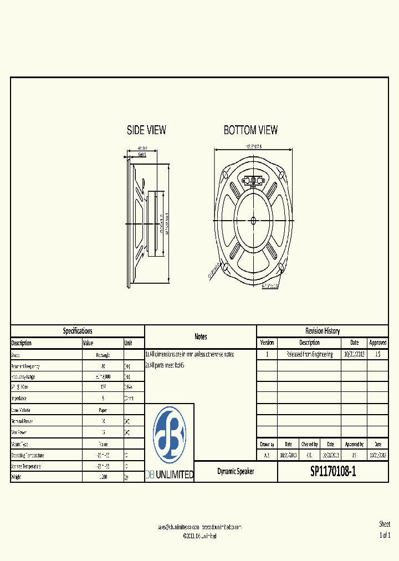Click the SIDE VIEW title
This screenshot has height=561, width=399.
pos(146,130)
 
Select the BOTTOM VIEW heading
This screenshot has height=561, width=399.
pos(250,130)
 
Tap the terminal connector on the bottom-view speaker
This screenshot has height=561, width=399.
pos(253,180)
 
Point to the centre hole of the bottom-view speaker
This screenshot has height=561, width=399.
pos(253,220)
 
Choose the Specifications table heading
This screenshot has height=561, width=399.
pos(78,331)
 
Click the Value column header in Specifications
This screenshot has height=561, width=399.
pos(89,343)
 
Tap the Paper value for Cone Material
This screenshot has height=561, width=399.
pos(103,410)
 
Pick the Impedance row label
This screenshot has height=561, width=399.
pos(20,399)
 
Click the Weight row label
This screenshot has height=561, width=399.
pos(16,477)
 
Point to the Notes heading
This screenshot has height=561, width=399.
pos(201,336)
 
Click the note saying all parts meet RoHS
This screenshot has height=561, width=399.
pos(165,366)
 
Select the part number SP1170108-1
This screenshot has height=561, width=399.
pos(332,472)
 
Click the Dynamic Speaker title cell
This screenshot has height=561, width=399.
pos(236,472)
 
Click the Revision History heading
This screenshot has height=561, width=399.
pos(323,331)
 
